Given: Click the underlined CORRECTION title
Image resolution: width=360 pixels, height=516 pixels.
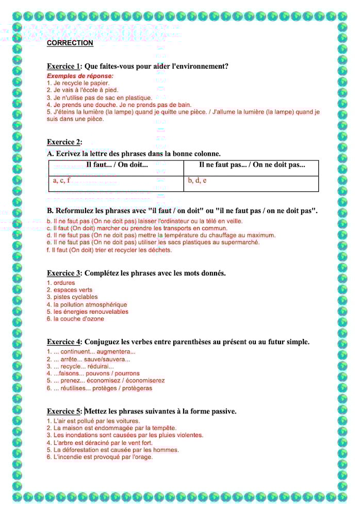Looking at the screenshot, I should (70, 43).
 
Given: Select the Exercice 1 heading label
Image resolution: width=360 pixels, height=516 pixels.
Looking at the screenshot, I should (64, 66).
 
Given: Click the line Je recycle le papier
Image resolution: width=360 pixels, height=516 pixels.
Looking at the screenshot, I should (78, 83).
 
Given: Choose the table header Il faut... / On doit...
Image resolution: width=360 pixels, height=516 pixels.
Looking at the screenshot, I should (117, 165).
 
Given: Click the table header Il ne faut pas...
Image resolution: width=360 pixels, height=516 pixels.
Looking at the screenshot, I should (252, 165).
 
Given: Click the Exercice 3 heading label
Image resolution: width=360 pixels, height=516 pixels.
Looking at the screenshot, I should (64, 273).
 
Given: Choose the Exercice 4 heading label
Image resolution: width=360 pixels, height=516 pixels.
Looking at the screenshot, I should (64, 342).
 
